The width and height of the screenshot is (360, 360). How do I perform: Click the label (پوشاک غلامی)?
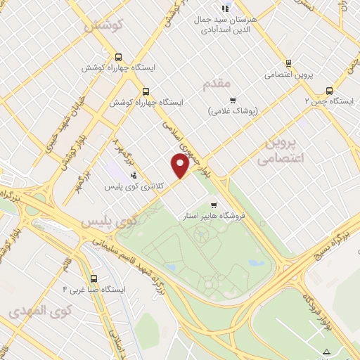(234, 111)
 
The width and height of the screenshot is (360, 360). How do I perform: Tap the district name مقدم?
(217, 84)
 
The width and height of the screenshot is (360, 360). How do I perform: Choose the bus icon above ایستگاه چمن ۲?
(329, 90)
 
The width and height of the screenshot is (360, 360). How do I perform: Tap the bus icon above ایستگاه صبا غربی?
(94, 278)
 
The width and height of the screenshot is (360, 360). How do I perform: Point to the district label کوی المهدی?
(34, 310)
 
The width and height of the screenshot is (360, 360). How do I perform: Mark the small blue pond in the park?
(256, 264)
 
